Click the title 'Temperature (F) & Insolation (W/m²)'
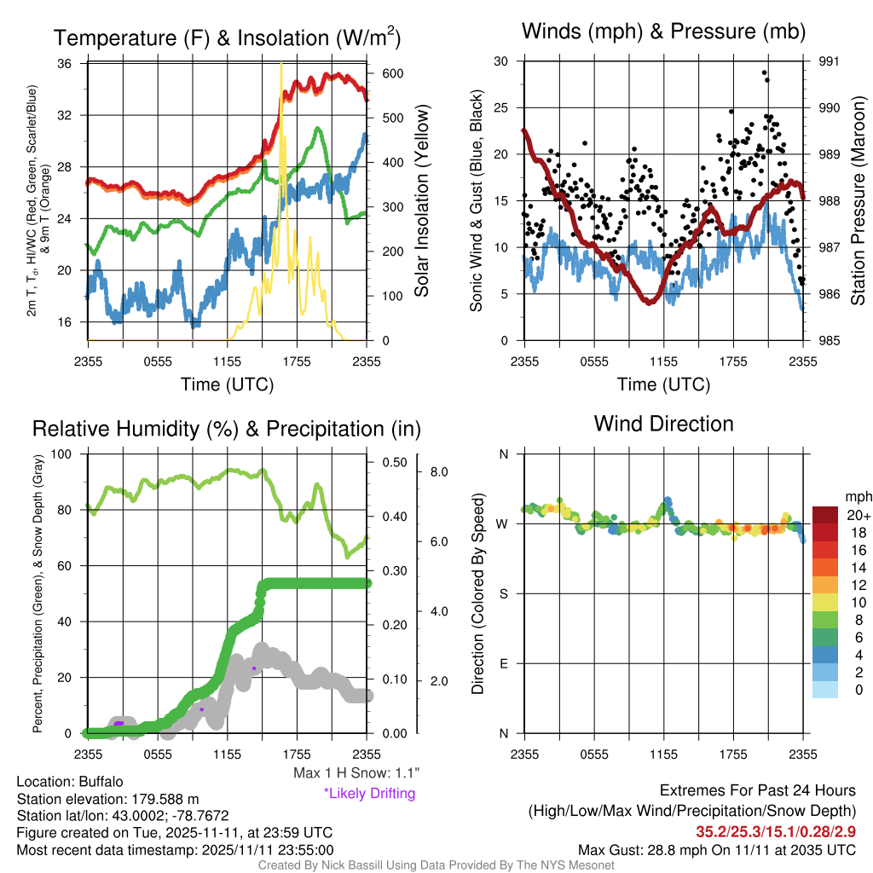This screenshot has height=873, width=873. (x=227, y=38)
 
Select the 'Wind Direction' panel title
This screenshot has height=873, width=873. (x=663, y=424)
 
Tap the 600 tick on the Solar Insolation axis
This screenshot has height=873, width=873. (x=392, y=73)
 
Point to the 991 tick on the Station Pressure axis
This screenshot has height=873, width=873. (x=829, y=61)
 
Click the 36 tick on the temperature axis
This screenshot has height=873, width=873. (x=65, y=63)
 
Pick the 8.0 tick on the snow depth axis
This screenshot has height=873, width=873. (x=439, y=472)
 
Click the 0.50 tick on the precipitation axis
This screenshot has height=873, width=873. (x=395, y=462)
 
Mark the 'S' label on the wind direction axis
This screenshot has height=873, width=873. (x=504, y=594)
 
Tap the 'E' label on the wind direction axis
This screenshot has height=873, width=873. (x=504, y=663)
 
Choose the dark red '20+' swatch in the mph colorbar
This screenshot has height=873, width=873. (x=825, y=515)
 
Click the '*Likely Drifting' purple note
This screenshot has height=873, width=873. (x=370, y=794)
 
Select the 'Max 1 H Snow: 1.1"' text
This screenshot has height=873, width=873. (x=356, y=772)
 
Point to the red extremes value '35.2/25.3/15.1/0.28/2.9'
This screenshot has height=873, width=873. (x=776, y=831)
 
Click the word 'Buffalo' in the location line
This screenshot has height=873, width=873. (x=101, y=782)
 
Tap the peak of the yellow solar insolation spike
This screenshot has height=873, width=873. (x=281, y=63)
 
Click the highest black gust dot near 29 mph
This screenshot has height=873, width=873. (x=765, y=72)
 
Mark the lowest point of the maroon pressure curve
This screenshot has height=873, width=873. (x=649, y=303)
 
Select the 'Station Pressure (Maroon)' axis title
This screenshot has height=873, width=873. (x=858, y=200)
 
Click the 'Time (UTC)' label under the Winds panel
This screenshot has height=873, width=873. (x=663, y=384)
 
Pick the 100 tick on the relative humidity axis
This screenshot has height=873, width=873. (x=61, y=454)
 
